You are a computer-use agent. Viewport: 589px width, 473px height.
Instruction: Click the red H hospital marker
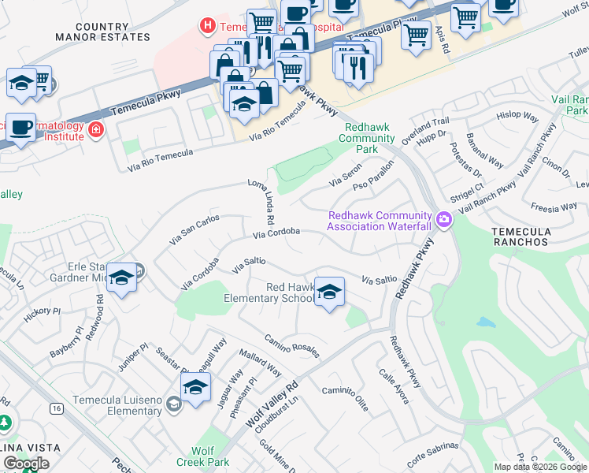(207, 26)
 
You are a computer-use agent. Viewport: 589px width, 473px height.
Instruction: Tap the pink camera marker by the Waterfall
(443, 219)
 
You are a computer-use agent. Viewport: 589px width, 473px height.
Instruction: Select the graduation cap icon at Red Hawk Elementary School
(329, 292)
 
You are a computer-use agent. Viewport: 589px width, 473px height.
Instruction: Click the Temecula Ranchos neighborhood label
(519, 236)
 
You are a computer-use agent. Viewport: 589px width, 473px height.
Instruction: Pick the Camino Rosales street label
(291, 345)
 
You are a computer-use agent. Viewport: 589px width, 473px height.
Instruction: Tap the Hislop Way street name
(518, 115)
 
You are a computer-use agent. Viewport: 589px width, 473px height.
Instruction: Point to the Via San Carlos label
(194, 229)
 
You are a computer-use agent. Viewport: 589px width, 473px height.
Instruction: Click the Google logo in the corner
(26, 464)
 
